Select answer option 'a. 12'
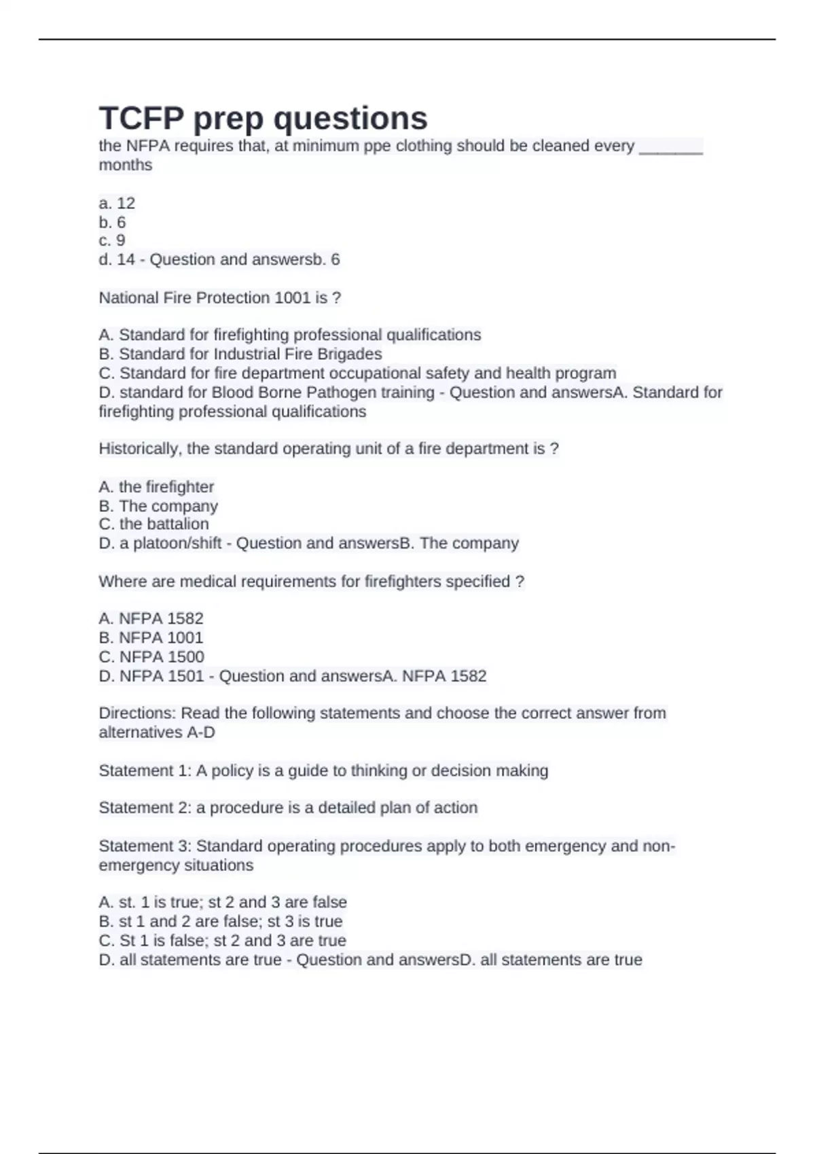click(x=117, y=203)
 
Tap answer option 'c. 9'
click(x=112, y=240)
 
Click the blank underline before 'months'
click(x=670, y=147)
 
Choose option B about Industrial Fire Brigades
click(x=240, y=354)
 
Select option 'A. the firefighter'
click(x=156, y=487)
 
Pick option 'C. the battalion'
click(x=153, y=524)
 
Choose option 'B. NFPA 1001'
click(x=151, y=637)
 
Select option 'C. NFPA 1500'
click(x=151, y=656)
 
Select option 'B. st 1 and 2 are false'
click(x=221, y=921)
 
